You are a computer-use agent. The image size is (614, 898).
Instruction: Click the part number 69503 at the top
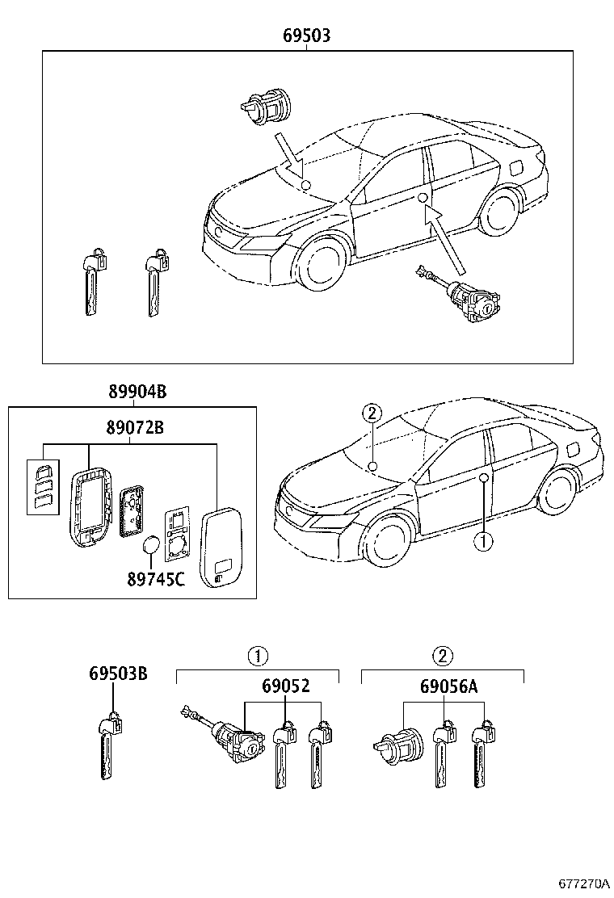(306, 36)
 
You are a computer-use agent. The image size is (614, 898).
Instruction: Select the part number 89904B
(137, 393)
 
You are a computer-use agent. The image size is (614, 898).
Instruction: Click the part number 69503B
(118, 674)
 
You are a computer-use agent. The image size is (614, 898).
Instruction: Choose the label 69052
(285, 686)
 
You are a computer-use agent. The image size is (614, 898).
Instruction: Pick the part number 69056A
(448, 686)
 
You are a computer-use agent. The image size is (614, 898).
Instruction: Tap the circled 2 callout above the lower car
(371, 413)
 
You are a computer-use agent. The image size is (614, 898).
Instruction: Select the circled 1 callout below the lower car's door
(482, 542)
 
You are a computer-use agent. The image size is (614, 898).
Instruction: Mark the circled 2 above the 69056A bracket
(442, 655)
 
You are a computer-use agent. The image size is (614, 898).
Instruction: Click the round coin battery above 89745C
(150, 546)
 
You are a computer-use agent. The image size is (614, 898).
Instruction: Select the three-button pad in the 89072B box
(42, 486)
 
